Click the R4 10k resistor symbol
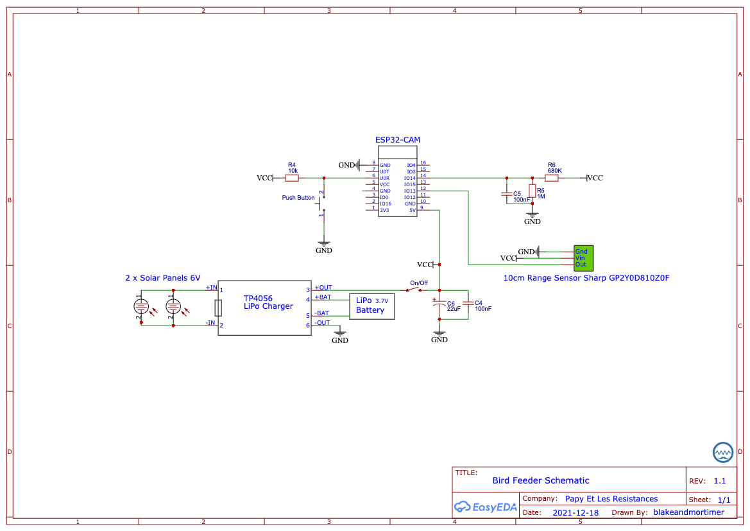point(292,178)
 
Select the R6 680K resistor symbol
point(551,178)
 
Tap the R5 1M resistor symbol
point(532,191)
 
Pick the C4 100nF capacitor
point(468,303)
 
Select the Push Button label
point(298,198)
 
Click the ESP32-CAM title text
point(397,139)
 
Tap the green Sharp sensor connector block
point(583,258)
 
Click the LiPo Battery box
point(371,306)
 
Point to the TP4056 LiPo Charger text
point(268,302)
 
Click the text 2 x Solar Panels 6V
point(162,278)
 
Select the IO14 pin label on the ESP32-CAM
point(410,178)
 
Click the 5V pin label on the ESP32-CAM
point(413,210)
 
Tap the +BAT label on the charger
point(323,297)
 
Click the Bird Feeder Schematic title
point(540,480)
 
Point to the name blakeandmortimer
point(688,512)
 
